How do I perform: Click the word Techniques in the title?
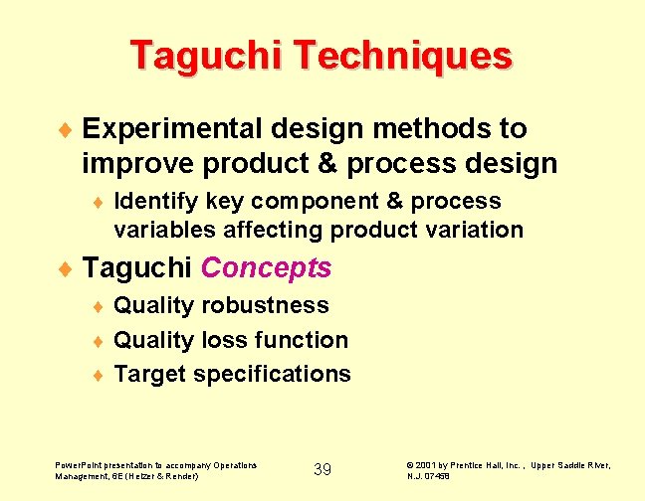pyautogui.click(x=402, y=56)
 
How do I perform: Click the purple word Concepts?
pyautogui.click(x=266, y=267)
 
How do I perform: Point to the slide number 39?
pyautogui.click(x=322, y=469)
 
